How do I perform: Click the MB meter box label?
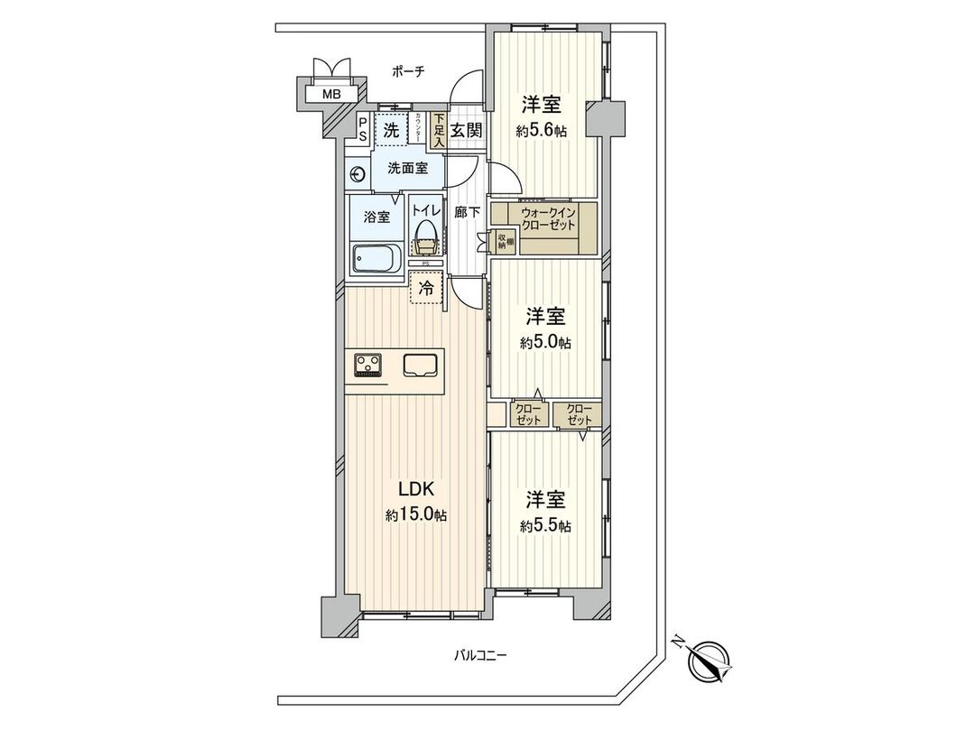pos(332,93)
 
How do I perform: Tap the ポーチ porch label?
pos(409,70)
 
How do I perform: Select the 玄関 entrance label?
pos(466,130)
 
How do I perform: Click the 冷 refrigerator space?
pos(426,289)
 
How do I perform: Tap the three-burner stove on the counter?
pos(367,365)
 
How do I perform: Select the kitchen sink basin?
pos(420,365)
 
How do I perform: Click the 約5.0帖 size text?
pos(545,342)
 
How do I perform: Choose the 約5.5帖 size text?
pos(545,525)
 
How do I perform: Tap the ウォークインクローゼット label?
pos(547,218)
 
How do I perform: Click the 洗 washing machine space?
pos(391,129)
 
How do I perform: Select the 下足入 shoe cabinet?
pos(438,131)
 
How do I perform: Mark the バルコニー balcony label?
pos(479,656)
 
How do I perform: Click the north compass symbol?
pos(709,661)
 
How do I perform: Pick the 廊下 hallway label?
pos(467,214)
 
